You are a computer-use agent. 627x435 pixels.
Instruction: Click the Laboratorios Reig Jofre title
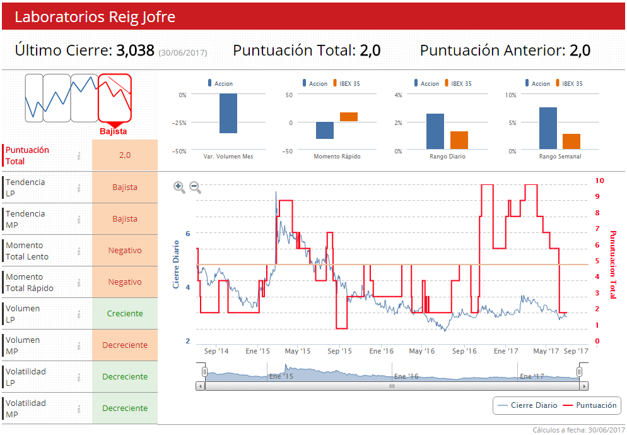[x=95, y=17]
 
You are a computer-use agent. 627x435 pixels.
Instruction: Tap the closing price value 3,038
[x=135, y=51]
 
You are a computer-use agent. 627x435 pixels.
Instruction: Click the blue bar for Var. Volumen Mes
[x=228, y=114]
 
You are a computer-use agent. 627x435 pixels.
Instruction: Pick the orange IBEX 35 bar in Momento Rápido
[x=349, y=117]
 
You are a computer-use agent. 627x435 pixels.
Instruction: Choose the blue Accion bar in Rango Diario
[x=435, y=131]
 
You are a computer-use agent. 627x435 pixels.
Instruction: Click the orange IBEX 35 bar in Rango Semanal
[x=571, y=141]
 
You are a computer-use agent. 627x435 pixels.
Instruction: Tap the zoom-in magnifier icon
[x=179, y=187]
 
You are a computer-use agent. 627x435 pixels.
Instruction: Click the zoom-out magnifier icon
[x=195, y=187]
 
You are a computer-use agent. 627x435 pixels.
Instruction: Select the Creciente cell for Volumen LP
[x=125, y=314]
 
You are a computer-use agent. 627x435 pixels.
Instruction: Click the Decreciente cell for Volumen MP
[x=125, y=345]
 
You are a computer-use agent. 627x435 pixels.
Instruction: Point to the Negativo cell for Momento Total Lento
[x=125, y=251]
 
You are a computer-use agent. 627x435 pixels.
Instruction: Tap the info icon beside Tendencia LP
[x=79, y=188]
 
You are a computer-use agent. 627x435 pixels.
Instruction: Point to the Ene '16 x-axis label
[x=381, y=351]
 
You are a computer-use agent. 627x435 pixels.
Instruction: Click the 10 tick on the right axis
[x=600, y=181]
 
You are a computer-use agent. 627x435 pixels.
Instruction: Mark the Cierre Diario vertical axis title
[x=177, y=265]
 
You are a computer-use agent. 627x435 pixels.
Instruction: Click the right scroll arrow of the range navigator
[x=583, y=386]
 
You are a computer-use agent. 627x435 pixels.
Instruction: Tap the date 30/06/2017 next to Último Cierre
[x=183, y=53]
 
